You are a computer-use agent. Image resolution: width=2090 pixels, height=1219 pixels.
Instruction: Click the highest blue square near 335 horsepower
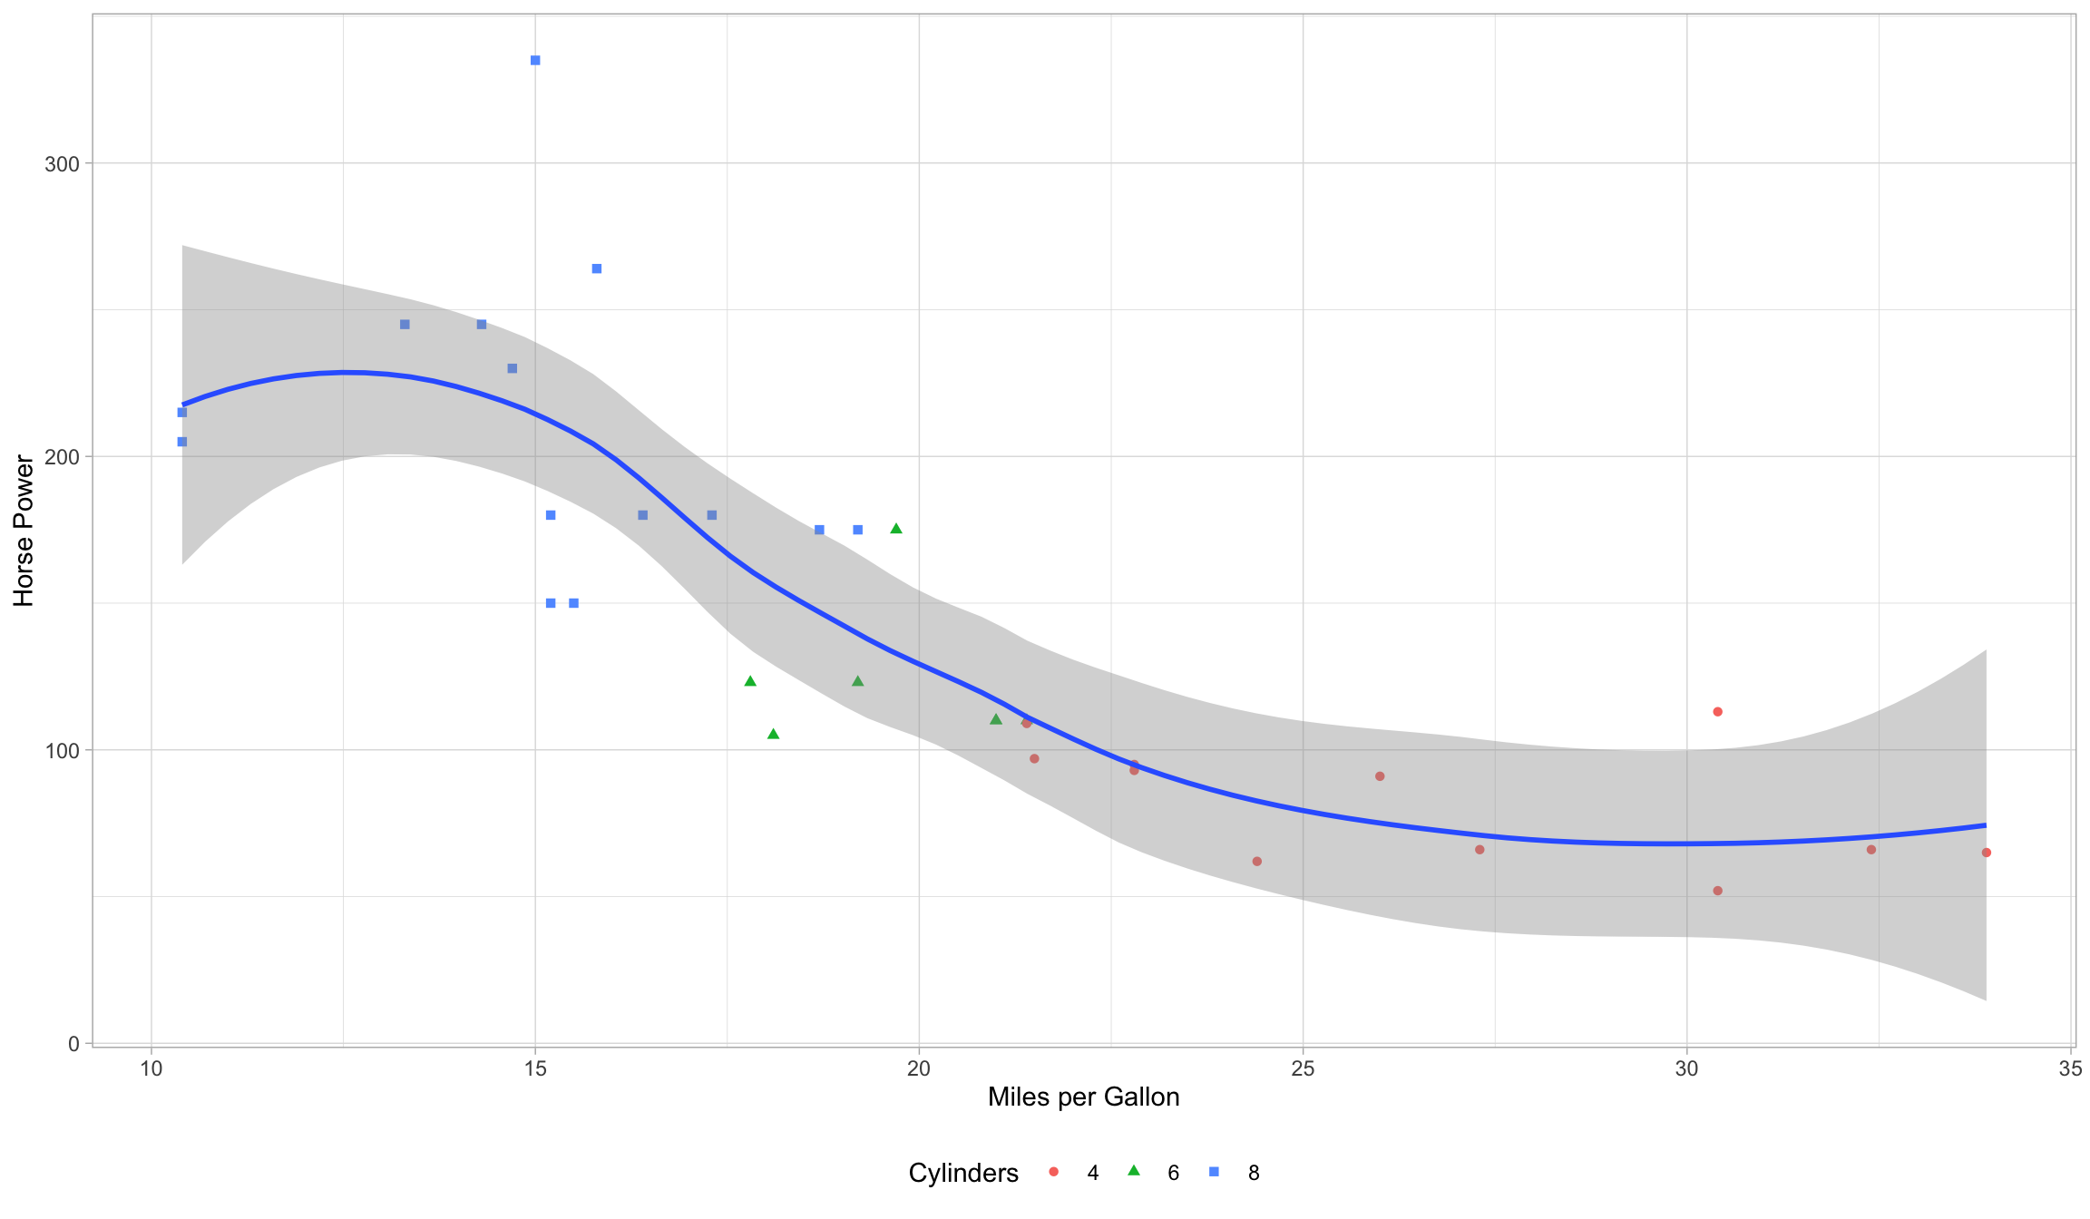[535, 61]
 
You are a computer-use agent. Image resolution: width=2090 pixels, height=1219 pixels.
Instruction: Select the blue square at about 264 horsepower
[597, 268]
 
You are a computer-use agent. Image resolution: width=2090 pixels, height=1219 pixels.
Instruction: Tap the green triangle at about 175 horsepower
[896, 529]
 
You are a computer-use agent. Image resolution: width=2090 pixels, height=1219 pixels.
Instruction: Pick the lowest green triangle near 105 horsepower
[774, 734]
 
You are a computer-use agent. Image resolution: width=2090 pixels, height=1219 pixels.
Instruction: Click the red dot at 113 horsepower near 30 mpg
[1717, 712]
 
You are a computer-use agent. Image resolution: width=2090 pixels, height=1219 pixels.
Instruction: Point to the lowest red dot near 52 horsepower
[1717, 891]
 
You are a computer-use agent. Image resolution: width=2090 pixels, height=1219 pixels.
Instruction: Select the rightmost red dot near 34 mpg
[1986, 853]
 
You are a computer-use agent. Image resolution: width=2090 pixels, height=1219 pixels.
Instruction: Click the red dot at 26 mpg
[1380, 776]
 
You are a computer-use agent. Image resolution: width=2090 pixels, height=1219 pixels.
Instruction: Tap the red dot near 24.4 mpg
[1256, 862]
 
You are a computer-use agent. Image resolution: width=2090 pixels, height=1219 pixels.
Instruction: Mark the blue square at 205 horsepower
[181, 442]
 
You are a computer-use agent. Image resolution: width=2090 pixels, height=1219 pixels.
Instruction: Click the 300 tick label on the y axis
[63, 164]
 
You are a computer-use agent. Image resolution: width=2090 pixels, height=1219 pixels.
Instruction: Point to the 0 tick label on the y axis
[73, 1044]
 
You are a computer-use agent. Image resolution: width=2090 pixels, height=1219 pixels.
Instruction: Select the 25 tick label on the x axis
[1303, 1068]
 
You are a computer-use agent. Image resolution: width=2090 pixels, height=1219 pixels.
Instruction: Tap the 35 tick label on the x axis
[2070, 1068]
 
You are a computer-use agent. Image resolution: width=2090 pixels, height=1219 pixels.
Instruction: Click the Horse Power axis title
[24, 531]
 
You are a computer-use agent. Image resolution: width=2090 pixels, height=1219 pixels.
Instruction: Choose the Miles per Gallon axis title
[1083, 1097]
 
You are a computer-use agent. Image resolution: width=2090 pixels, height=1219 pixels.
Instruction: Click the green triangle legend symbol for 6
[1133, 1171]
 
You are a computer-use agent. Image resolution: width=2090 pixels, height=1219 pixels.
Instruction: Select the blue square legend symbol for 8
[1214, 1172]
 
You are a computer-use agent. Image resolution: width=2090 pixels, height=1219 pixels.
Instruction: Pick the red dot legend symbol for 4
[1053, 1172]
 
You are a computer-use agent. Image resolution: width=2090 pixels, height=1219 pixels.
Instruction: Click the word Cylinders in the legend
[963, 1174]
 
